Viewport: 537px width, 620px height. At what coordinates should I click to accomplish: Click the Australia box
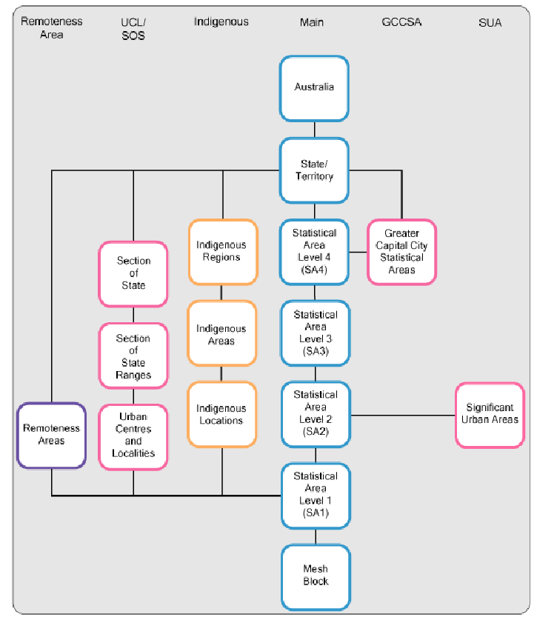coord(314,88)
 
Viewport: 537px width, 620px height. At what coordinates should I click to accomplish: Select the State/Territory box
coord(314,170)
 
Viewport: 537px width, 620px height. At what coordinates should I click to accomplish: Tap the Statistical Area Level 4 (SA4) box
coord(314,252)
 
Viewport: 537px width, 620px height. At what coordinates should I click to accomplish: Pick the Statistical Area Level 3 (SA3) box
coord(314,333)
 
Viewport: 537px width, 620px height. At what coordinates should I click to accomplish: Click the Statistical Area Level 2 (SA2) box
coord(314,414)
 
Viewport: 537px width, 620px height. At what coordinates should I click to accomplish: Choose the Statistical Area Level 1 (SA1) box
coord(314,496)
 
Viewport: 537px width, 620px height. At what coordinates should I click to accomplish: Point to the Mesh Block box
coord(314,576)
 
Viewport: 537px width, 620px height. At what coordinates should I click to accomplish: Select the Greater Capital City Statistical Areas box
coord(401,252)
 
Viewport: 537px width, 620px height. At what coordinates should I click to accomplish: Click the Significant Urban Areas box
coord(490,415)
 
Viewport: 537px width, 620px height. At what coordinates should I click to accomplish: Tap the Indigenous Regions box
coord(222,252)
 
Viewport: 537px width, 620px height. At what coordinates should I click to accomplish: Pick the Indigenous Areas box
coord(222,334)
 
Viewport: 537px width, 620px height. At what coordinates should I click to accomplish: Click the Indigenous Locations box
coord(222,414)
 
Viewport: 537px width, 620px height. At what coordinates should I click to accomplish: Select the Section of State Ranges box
coord(133,356)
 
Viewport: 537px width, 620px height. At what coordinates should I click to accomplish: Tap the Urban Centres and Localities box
coord(133,436)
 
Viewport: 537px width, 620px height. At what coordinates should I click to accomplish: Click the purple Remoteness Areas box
coord(52,436)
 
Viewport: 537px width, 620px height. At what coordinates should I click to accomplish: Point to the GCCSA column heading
coord(401,22)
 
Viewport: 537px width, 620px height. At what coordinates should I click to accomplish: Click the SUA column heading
coord(490,22)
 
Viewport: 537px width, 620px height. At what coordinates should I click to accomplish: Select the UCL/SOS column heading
coord(133,29)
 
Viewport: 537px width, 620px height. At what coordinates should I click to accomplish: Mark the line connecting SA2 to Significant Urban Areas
coord(401,415)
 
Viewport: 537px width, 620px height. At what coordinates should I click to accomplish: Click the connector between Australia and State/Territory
coord(314,129)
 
